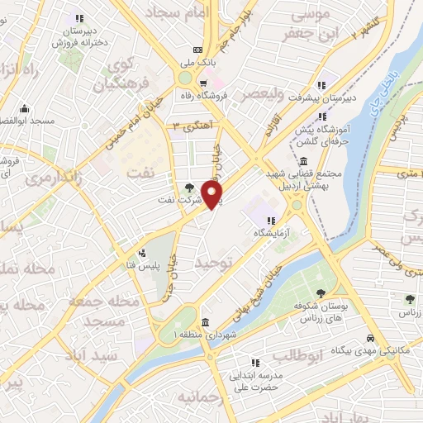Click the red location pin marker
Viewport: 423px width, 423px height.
pyautogui.click(x=213, y=195)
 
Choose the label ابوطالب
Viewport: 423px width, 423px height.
pyautogui.click(x=296, y=355)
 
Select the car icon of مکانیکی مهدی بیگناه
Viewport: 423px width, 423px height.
pyautogui.click(x=372, y=339)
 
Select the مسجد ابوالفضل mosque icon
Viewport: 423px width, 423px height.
pyautogui.click(x=24, y=108)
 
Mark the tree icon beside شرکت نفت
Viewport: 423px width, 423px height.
pyautogui.click(x=191, y=188)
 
